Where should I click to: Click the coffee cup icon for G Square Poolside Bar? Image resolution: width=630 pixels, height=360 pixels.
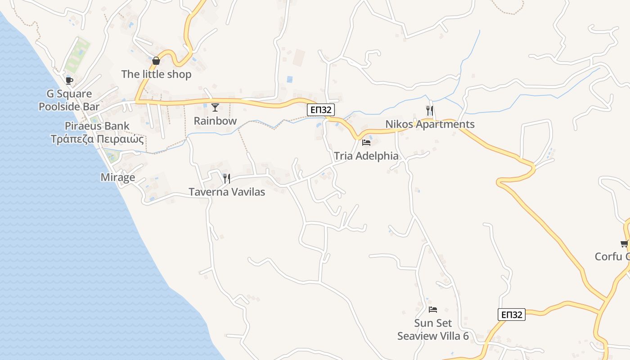click(x=69, y=81)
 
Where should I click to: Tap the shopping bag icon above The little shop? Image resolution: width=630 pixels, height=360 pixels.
click(x=156, y=61)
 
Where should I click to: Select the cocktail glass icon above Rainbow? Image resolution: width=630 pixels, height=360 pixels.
click(x=215, y=107)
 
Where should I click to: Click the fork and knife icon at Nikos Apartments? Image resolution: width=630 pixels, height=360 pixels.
click(x=429, y=110)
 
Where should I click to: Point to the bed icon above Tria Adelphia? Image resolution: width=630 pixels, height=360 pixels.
click(x=366, y=143)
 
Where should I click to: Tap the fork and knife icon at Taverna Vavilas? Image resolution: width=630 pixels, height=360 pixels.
click(x=226, y=179)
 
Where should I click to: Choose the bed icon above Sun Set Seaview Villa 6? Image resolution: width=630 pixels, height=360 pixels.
click(x=433, y=310)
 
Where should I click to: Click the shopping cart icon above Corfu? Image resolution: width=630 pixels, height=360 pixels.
click(x=624, y=244)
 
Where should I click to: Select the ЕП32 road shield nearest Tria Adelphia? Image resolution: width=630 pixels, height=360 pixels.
click(x=321, y=110)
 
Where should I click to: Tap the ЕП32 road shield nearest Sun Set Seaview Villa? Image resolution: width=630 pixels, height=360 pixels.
click(x=512, y=315)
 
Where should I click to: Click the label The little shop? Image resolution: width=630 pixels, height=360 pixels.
click(x=156, y=74)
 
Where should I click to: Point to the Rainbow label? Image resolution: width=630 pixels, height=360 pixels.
click(x=215, y=121)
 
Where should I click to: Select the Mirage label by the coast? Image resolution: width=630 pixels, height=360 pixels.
click(x=117, y=177)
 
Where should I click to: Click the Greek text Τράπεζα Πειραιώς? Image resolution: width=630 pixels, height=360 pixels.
click(x=97, y=139)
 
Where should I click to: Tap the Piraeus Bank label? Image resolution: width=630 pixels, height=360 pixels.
click(x=97, y=126)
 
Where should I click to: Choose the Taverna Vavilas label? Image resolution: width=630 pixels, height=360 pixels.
click(x=227, y=192)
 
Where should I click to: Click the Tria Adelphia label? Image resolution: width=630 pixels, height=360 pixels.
click(x=366, y=156)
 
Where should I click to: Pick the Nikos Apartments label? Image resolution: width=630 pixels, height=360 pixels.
click(x=430, y=124)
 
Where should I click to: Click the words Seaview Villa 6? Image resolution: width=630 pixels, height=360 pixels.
click(x=433, y=336)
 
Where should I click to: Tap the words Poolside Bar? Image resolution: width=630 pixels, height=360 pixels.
click(x=69, y=107)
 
